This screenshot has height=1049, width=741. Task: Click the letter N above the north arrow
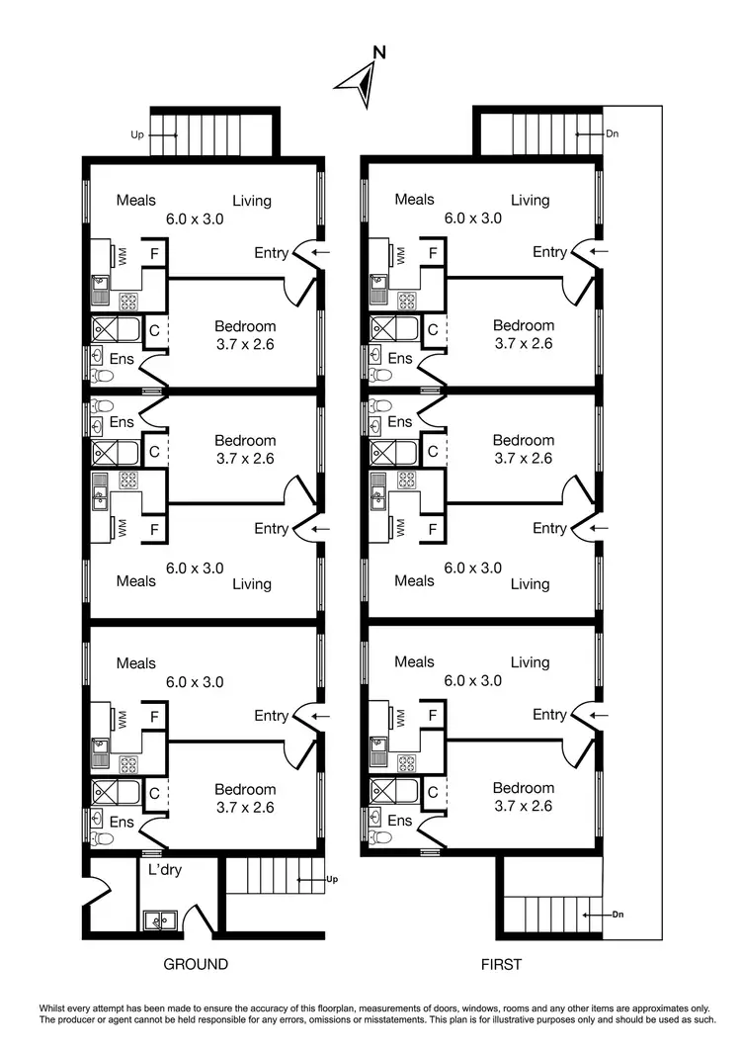[379, 52]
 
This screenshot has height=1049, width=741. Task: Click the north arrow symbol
[359, 81]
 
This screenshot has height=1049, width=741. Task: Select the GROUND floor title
[195, 964]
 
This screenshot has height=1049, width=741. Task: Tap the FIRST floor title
[501, 964]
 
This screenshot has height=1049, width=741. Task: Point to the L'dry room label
[165, 870]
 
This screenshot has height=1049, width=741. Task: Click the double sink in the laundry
[158, 921]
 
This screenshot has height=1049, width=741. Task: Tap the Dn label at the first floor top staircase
[612, 133]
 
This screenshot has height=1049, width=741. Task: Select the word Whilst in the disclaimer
[56, 1006]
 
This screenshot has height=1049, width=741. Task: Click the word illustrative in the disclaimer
[522, 1018]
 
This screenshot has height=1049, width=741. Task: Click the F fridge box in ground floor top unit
[153, 253]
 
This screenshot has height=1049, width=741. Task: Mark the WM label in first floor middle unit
[401, 527]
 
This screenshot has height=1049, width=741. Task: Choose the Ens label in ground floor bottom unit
[122, 822]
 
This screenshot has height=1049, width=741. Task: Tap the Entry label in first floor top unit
[549, 252]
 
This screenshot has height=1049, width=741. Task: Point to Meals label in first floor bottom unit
[414, 662]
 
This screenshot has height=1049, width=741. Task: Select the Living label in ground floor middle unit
[252, 583]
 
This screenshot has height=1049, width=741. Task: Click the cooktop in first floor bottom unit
[405, 764]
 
